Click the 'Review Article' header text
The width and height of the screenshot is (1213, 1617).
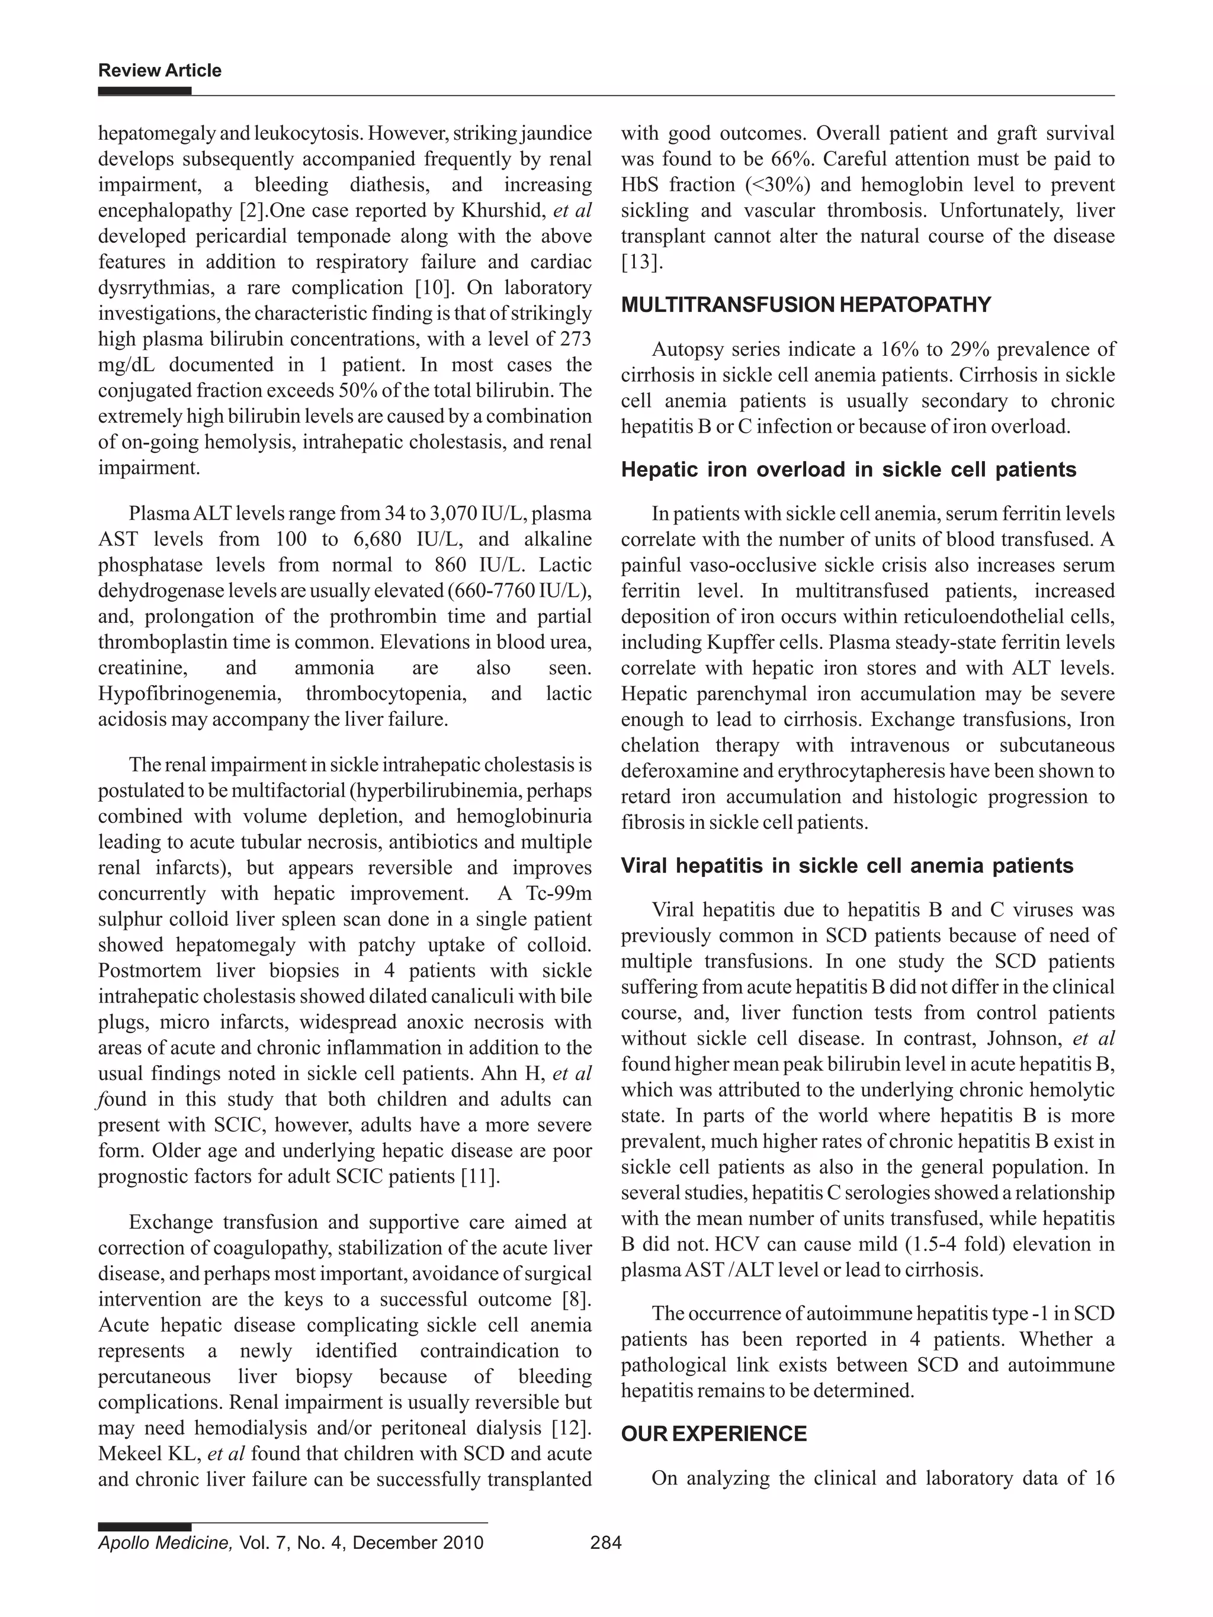coord(159,71)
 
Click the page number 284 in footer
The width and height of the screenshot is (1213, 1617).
coord(605,1542)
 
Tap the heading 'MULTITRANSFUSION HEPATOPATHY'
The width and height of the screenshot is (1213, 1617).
coord(806,305)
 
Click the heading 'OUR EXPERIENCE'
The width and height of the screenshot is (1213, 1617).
coord(714,1433)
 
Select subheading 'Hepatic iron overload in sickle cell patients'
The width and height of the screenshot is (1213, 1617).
coord(848,470)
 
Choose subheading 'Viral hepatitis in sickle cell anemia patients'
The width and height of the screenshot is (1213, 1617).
coord(847,866)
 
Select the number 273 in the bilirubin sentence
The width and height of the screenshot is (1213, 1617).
coord(576,339)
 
